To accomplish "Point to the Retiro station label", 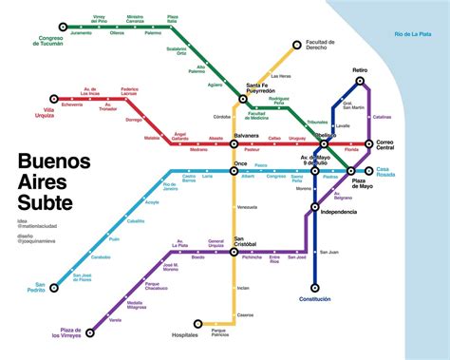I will (359, 70).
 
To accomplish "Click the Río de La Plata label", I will (413, 35).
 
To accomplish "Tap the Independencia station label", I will (338, 212).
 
